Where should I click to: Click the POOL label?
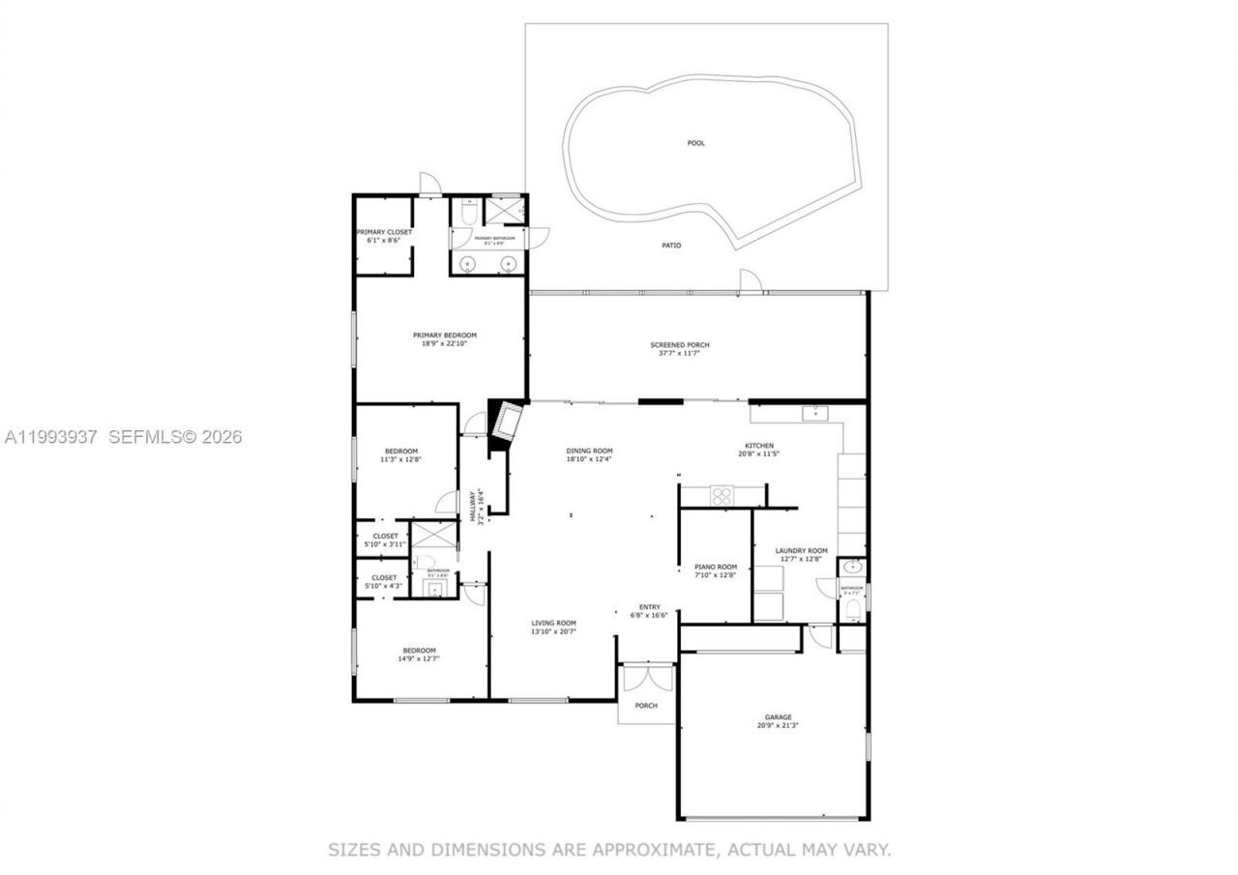coord(695,143)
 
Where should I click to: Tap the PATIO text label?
coord(671,246)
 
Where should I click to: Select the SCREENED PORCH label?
coord(680,345)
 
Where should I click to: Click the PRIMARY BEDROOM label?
coord(444,335)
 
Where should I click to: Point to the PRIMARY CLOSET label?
coord(384,232)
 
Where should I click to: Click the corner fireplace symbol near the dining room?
coord(506,424)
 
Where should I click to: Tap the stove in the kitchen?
coord(722,495)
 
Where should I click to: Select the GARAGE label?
coord(778,717)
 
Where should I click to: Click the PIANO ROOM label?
coord(716,568)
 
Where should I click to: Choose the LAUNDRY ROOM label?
coord(802,551)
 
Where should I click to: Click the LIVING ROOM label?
coord(553,624)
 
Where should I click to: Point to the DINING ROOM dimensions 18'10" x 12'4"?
coord(589,460)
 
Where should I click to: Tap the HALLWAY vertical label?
coord(473,506)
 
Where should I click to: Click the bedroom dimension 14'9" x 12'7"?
coord(419,658)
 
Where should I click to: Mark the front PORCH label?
coord(646,706)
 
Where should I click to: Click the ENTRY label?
coord(649,607)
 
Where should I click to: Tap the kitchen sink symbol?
coord(814,414)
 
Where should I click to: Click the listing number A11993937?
coord(51,437)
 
